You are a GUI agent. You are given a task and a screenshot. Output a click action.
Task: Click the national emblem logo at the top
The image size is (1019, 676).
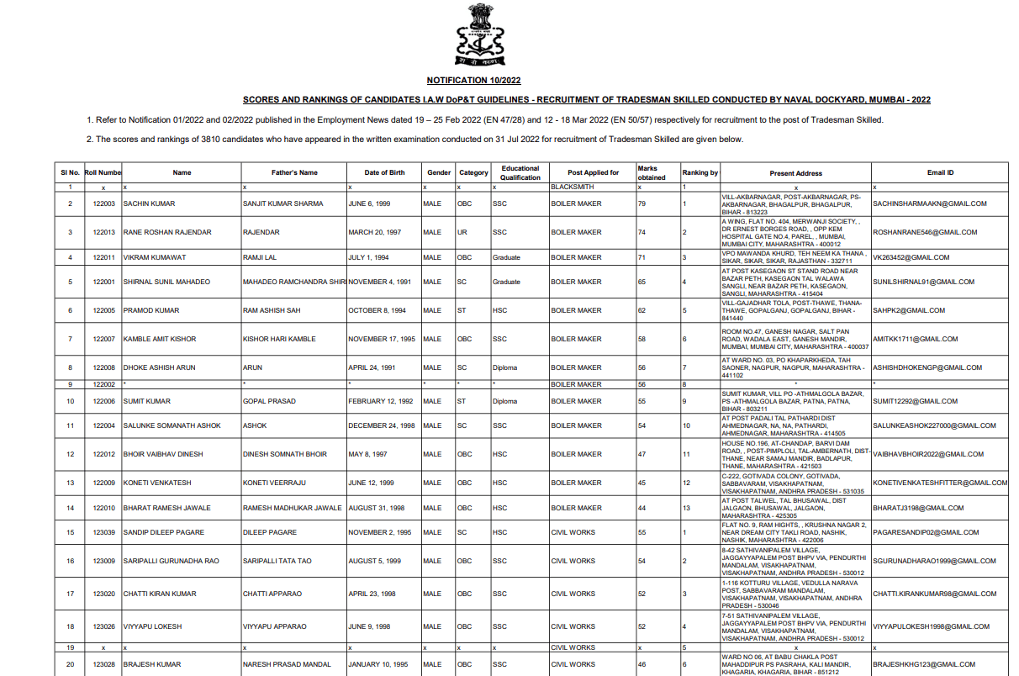481,35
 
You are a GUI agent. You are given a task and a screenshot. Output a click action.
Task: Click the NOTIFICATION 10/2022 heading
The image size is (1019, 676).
474,80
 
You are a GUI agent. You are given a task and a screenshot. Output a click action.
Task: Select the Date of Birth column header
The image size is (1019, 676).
384,172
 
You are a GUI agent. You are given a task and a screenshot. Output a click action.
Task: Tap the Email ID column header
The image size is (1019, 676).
940,172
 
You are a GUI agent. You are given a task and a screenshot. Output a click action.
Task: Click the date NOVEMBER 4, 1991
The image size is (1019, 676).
380,282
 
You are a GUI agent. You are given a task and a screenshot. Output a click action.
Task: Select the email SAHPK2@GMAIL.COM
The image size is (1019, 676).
910,310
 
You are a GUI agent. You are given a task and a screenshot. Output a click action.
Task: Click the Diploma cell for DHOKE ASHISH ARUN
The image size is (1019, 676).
505,367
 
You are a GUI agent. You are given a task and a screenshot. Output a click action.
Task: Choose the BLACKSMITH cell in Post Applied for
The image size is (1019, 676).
573,187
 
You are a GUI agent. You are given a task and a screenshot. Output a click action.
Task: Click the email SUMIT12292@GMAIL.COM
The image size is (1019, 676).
916,401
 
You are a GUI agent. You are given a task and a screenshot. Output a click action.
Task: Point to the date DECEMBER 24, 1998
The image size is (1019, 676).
382,425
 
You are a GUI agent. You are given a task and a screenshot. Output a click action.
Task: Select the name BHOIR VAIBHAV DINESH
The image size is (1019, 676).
163,454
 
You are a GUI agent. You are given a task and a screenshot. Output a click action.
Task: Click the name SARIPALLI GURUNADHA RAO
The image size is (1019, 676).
171,561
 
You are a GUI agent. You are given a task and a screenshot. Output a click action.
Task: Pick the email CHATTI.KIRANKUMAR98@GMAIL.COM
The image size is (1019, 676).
935,594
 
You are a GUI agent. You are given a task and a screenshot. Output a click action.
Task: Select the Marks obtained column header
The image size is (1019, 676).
652,172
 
